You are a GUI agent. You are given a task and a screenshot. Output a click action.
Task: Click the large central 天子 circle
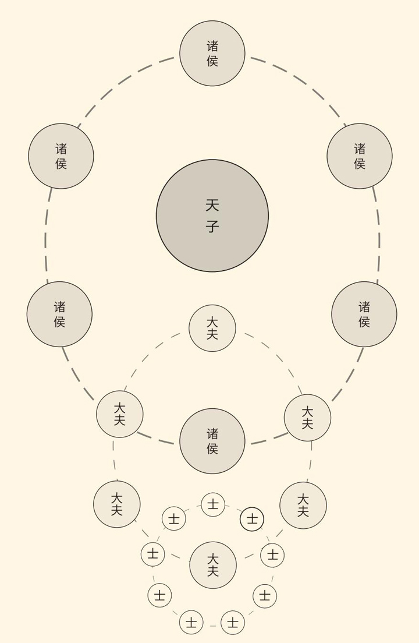(212, 215)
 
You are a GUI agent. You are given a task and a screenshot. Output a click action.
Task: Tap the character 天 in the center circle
(212, 205)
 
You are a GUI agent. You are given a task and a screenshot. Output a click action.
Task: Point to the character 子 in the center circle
(212, 226)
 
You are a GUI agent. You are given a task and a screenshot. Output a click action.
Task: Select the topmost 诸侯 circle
(212, 54)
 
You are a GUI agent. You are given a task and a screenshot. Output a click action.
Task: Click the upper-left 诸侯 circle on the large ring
(61, 156)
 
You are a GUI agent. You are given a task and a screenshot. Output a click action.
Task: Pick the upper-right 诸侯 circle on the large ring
(360, 156)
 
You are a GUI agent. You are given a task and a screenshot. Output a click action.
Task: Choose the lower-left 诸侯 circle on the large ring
(59, 314)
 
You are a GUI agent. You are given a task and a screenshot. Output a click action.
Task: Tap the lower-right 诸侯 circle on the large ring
(364, 314)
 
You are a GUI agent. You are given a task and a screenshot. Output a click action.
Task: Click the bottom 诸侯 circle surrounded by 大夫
(212, 441)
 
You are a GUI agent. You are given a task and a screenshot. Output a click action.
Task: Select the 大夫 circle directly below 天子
(212, 328)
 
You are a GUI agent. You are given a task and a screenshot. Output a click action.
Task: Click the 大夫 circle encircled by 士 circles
(213, 565)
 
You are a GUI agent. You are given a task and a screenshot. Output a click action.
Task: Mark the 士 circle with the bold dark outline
(252, 519)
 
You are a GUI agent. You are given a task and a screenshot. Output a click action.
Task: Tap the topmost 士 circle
(213, 504)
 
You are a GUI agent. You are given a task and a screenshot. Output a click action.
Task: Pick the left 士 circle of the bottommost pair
(191, 623)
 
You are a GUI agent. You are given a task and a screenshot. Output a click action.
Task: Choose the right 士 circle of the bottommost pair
(233, 623)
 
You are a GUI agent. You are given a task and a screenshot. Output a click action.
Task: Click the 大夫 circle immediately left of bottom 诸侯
(120, 414)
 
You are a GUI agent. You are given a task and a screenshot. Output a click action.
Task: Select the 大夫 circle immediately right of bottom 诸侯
(308, 418)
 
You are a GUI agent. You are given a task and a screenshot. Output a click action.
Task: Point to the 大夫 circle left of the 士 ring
(117, 504)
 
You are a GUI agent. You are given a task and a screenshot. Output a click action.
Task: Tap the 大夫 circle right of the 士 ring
(303, 506)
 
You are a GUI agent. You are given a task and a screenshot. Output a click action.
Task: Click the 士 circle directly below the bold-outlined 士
(272, 555)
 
